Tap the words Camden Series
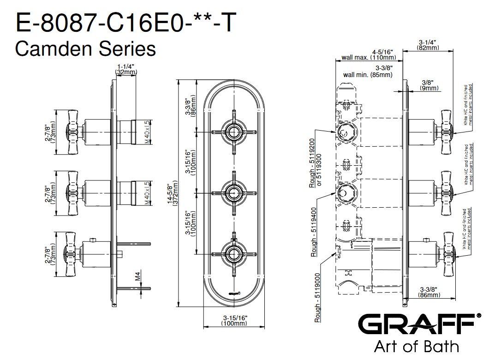pos(85,48)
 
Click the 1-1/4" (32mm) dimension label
pos(125,69)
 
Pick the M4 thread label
pos(137,276)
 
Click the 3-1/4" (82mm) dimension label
pos(427,45)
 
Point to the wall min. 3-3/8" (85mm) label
pos(368,71)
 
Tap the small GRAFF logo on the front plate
pos(234,292)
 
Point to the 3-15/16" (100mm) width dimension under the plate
pos(234,320)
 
